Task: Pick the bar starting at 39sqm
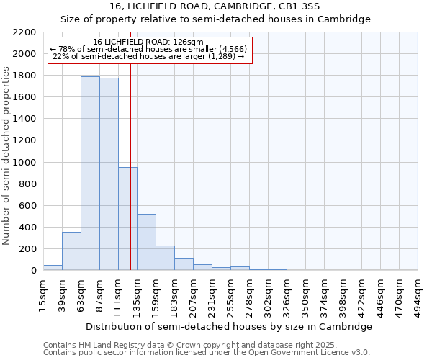click(x=71, y=251)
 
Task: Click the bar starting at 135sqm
click(x=146, y=242)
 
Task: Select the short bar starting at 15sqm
click(x=53, y=267)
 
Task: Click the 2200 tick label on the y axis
click(x=24, y=32)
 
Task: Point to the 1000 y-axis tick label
click(x=24, y=163)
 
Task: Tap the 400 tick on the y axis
click(x=27, y=228)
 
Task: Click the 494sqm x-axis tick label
click(x=418, y=295)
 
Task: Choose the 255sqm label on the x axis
click(x=231, y=295)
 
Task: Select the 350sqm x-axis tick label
click(x=306, y=295)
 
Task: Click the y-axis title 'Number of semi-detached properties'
click(x=6, y=156)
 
